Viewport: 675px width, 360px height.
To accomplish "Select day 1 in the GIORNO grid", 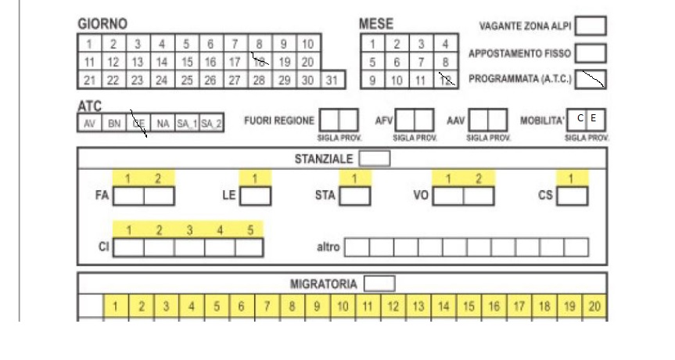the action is [89, 45].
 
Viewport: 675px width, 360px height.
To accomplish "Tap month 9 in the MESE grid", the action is [372, 81].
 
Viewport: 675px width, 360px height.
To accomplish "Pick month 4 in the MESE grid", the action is [446, 45].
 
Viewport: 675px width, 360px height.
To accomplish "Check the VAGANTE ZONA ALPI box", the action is [591, 26].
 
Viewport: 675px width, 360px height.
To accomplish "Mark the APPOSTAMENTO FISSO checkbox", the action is [591, 53].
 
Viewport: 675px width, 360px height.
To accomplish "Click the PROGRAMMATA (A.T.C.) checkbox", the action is [591, 79].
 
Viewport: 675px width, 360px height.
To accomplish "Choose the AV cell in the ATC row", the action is [89, 124].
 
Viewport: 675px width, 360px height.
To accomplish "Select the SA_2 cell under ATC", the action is [211, 124].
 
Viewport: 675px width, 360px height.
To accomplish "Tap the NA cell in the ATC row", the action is [163, 124].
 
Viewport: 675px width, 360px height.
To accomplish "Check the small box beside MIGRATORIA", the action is [379, 283].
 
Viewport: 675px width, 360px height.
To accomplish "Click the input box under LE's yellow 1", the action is [256, 196].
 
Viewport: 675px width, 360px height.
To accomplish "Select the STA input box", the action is [355, 196].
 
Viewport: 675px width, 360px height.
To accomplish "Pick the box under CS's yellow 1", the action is [573, 196].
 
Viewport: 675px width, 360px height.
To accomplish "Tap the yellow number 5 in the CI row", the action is [250, 230].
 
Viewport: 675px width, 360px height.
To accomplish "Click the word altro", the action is [327, 247].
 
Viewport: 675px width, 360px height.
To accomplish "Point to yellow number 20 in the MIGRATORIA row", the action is [594, 306].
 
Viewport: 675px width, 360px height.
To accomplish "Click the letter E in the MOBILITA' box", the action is [594, 119].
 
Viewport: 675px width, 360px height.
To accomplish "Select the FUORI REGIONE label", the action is [279, 121].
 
